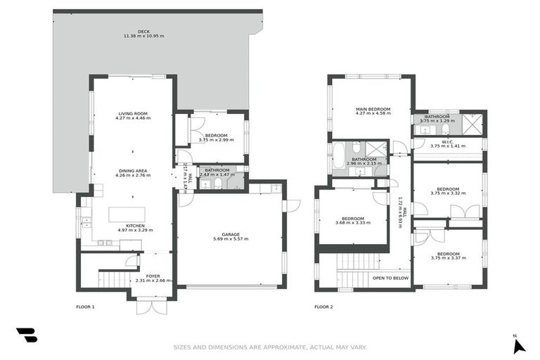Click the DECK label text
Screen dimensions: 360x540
pyautogui.click(x=143, y=31)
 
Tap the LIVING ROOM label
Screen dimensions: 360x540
pyautogui.click(x=133, y=113)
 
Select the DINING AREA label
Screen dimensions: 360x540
pyautogui.click(x=133, y=170)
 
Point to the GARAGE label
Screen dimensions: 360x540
pyautogui.click(x=230, y=234)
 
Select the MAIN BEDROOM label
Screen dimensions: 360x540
pyautogui.click(x=373, y=109)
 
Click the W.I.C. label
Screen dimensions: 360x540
pyautogui.click(x=448, y=142)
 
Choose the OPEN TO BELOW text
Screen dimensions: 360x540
pyautogui.click(x=390, y=278)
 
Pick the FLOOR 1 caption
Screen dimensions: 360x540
pyautogui.click(x=85, y=307)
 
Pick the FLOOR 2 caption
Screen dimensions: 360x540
pyautogui.click(x=323, y=307)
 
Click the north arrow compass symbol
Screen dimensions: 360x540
pyautogui.click(x=519, y=345)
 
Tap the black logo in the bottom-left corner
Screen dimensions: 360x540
pyautogui.click(x=27, y=336)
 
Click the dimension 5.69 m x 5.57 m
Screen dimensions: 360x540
pyautogui.click(x=230, y=239)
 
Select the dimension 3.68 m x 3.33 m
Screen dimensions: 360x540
pyautogui.click(x=353, y=223)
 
